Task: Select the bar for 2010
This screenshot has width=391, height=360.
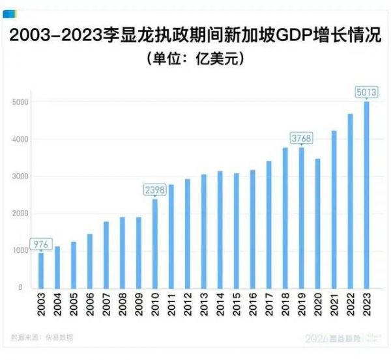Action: [x=155, y=243]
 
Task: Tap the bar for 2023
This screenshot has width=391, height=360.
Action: [x=367, y=195]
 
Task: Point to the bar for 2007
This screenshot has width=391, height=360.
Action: [x=106, y=255]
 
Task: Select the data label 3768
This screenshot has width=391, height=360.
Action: [x=301, y=137]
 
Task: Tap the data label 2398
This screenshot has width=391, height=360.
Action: [x=155, y=189]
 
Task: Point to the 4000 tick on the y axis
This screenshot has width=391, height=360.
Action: [x=20, y=140]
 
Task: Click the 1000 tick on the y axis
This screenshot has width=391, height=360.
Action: [x=20, y=251]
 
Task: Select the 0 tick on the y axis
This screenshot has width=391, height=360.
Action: [x=21, y=287]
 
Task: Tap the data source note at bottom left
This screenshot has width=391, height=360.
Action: [x=42, y=337]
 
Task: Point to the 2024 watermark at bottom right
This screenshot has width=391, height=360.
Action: [x=319, y=339]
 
